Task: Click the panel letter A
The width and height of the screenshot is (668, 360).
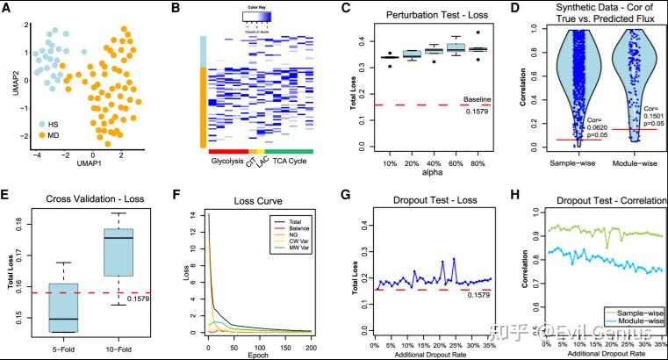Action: click(x=7, y=8)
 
